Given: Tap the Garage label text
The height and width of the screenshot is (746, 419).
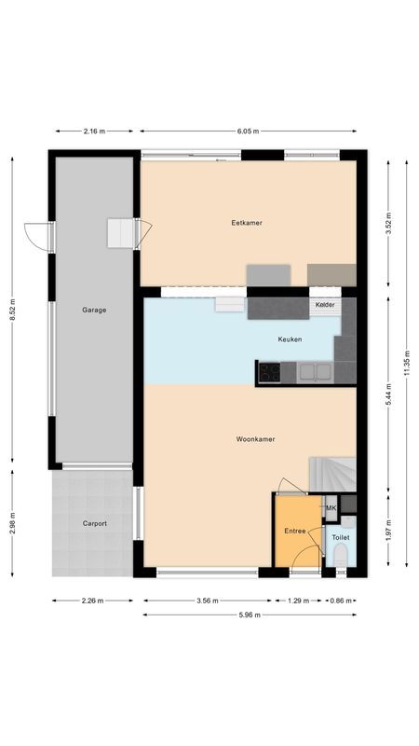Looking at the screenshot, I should click(93, 310).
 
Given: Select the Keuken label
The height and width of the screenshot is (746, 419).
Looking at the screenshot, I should click(290, 339).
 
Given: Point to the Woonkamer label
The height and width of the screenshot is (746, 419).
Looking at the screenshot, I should click(254, 438).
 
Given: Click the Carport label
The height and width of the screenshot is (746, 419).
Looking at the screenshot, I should click(93, 523).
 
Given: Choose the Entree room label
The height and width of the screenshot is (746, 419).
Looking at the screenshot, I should click(294, 531).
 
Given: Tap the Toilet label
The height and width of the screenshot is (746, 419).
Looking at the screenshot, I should click(340, 538).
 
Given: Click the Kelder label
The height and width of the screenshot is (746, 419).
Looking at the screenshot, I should click(325, 305).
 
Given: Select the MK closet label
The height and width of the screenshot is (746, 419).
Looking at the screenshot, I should click(330, 507).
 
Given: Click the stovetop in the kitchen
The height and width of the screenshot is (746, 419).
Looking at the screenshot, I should click(270, 373).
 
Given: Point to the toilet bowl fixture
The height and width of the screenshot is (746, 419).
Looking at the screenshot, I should click(341, 558).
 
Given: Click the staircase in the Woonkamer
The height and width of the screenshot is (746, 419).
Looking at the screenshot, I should click(332, 475).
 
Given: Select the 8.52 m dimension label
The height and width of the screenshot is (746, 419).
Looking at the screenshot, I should click(13, 311).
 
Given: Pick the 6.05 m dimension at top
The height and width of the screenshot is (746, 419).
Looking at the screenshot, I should click(248, 131).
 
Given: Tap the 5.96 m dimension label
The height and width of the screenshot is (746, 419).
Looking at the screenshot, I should click(249, 615).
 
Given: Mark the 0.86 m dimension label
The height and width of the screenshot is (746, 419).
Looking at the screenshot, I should click(342, 601).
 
